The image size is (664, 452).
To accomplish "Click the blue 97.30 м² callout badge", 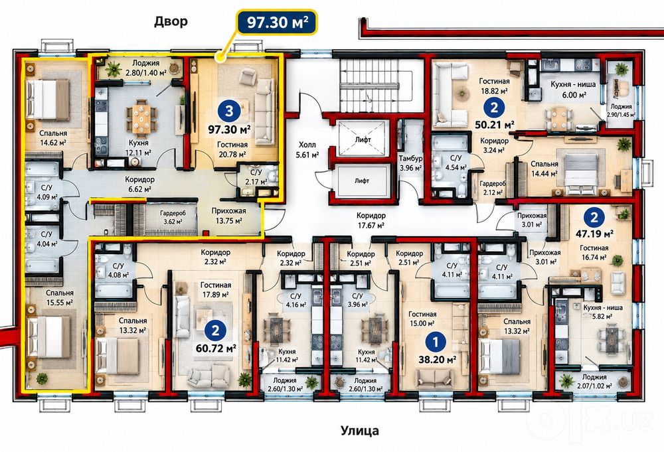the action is point(277,22).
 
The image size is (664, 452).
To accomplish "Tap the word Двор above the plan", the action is point(171,21).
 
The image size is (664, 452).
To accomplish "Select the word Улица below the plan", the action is point(359,431).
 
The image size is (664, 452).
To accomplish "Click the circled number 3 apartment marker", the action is point(229,111).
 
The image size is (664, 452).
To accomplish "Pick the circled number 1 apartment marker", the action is point(436,342).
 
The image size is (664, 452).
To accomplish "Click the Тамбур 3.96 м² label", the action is point(410,163).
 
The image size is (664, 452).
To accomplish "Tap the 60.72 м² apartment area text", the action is point(216,348).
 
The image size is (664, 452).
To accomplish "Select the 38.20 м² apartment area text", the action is point(437,360).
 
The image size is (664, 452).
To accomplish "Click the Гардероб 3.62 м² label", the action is point(173,217).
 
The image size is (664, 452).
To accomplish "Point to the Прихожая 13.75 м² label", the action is point(228,216).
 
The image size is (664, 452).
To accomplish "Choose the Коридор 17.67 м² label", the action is point(371,220).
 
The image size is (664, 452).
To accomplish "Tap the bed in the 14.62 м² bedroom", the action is point(47,100).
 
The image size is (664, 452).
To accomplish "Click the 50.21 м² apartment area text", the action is point(494,125).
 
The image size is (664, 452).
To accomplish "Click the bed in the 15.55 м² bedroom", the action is point(48,337).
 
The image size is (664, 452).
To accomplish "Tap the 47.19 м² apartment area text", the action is point(594,233).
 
